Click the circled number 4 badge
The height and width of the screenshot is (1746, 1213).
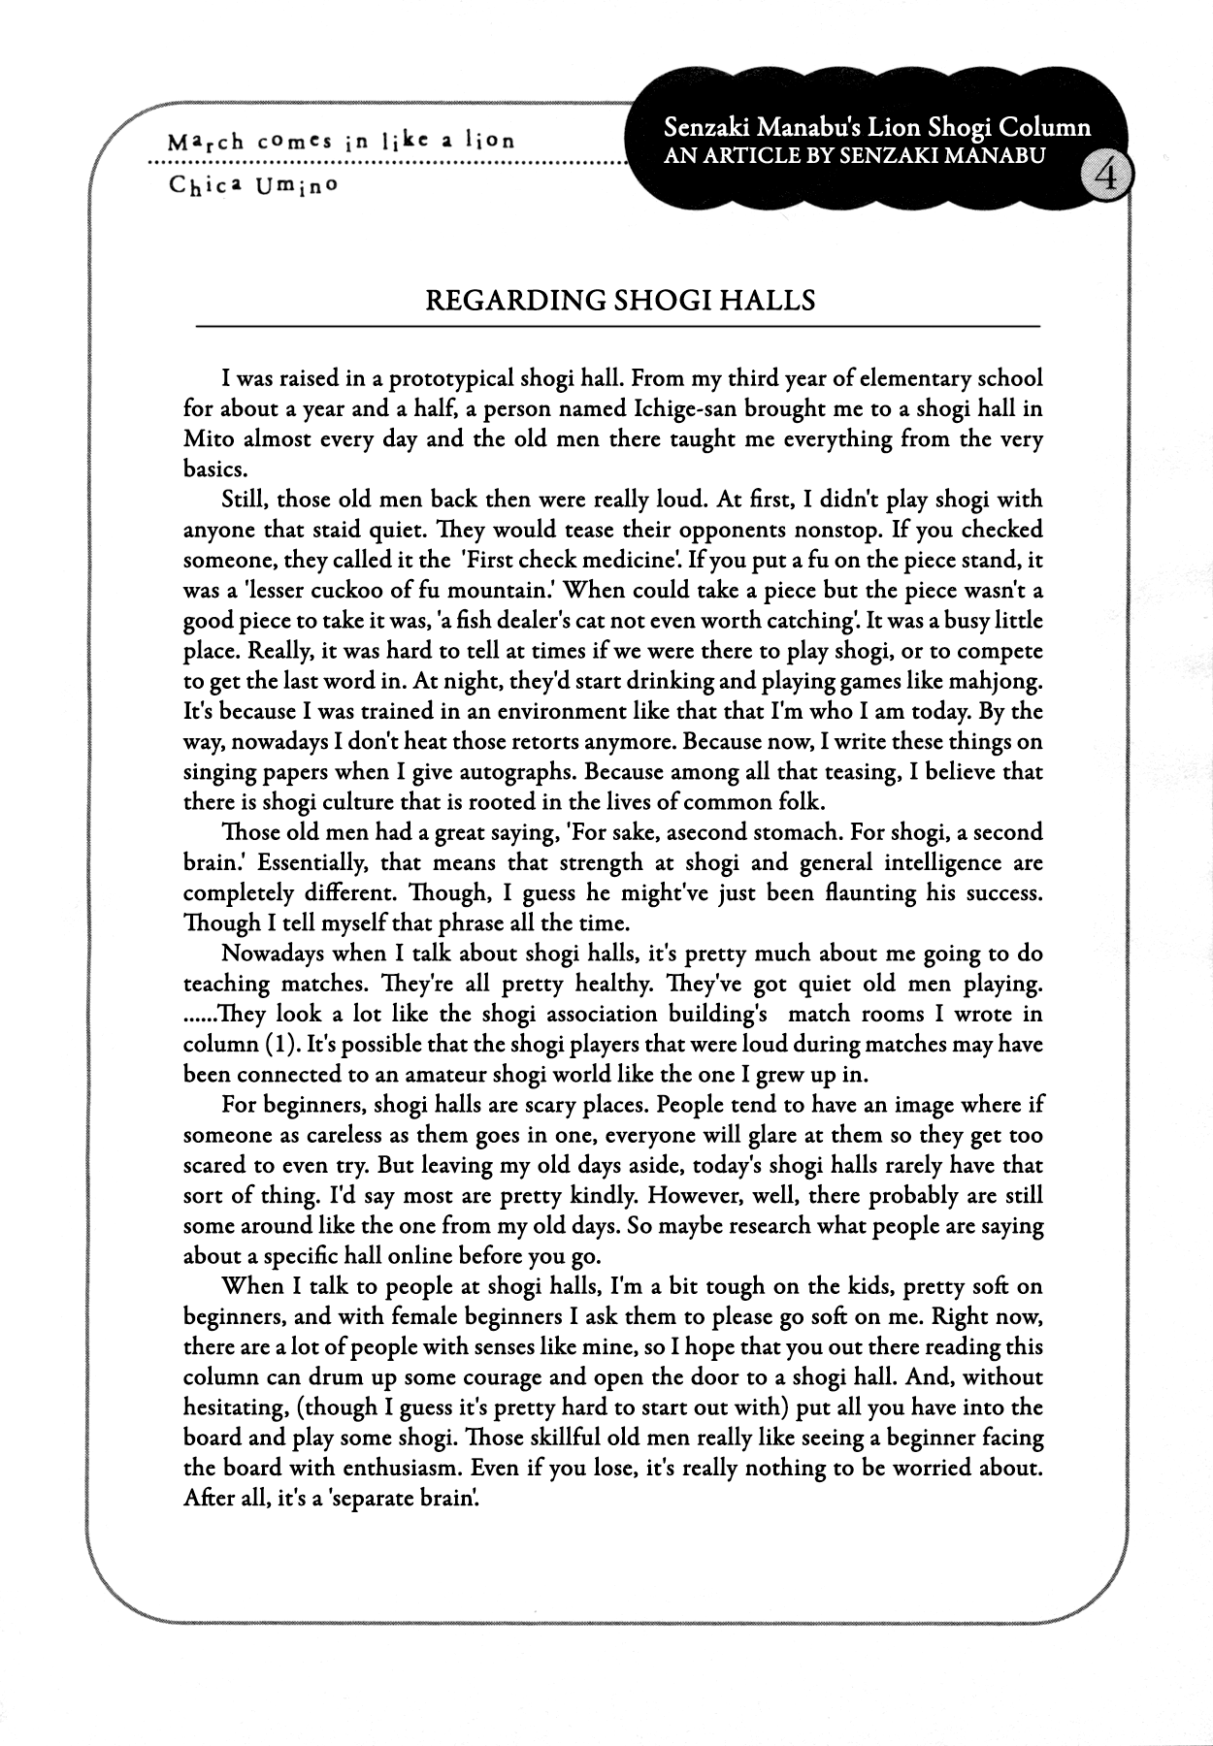pos(1104,178)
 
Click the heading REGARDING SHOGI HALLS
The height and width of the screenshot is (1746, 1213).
pos(620,300)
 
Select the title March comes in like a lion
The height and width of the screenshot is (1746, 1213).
pos(341,141)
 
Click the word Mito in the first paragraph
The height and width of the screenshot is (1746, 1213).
pos(209,438)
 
